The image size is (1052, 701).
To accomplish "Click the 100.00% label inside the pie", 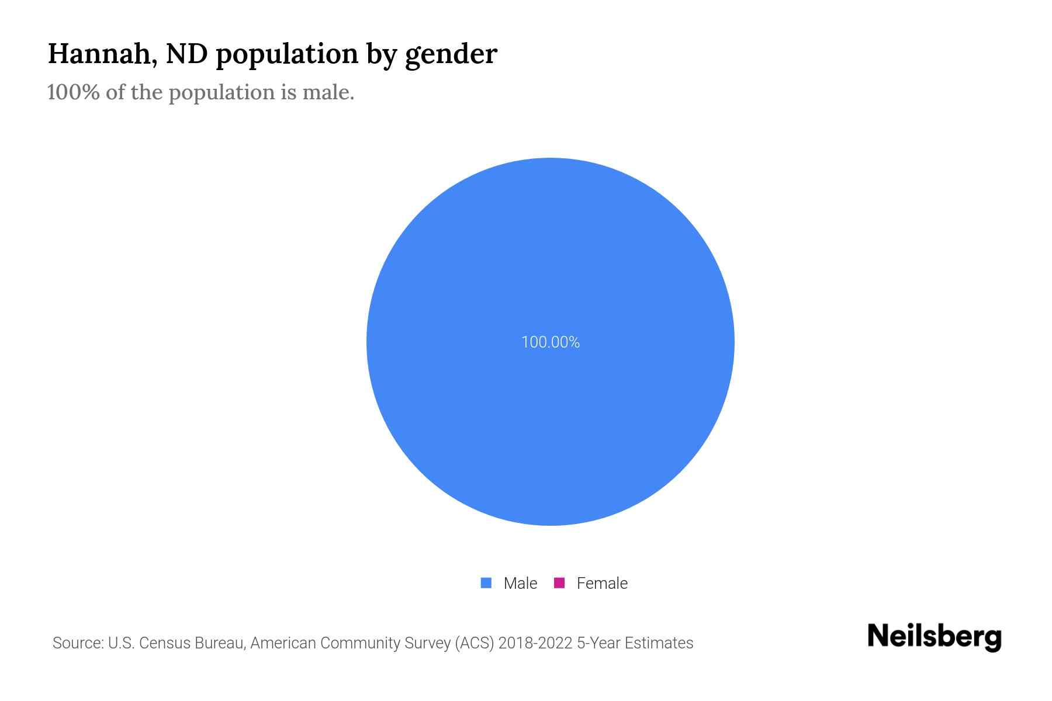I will click(x=550, y=342).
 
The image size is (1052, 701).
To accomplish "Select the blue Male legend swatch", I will click(x=486, y=583).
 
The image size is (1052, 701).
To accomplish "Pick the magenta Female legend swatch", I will click(x=559, y=583).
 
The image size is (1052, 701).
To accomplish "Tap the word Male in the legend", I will click(x=520, y=583).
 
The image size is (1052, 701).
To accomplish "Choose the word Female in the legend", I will click(x=602, y=583).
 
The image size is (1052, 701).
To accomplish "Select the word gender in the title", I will click(x=451, y=55).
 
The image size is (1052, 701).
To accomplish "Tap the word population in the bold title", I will click(x=287, y=55).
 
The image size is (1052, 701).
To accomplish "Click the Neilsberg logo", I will click(x=934, y=637).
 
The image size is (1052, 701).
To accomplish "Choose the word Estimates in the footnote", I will click(x=659, y=643).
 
